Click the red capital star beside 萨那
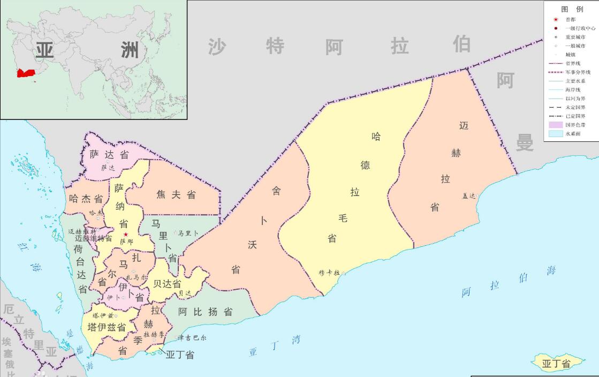click(126, 235)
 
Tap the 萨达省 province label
click(109, 154)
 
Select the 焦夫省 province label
click(176, 195)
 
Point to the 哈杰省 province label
click(86, 199)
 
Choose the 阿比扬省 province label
click(206, 311)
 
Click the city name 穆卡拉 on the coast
click(329, 273)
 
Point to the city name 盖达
click(468, 196)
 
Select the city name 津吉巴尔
click(192, 338)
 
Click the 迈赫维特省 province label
click(94, 238)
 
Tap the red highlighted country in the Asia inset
click(25, 73)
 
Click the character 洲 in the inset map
click(130, 51)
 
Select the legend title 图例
click(572, 9)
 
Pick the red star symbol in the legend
click(556, 19)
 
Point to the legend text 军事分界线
click(578, 72)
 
